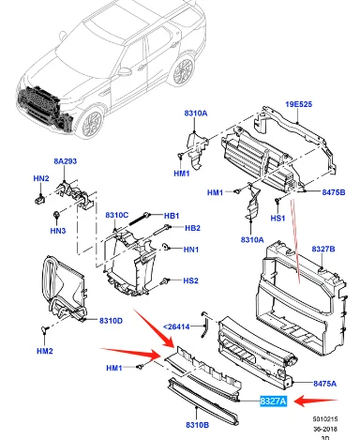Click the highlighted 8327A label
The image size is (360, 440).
(x=273, y=401)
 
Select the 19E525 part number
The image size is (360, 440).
(x=298, y=104)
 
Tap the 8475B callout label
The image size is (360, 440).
(x=334, y=192)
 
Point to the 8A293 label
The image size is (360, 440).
(x=65, y=161)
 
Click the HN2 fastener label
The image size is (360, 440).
(x=41, y=178)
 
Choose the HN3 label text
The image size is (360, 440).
(x=58, y=231)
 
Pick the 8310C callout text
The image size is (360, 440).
(x=116, y=215)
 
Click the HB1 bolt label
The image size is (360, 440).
(x=172, y=216)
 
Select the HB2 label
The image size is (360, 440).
(x=192, y=228)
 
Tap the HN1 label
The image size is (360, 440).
(x=191, y=250)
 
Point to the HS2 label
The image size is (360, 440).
(x=190, y=281)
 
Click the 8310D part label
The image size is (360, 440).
(x=111, y=321)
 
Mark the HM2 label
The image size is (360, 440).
(x=45, y=351)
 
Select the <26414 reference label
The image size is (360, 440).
(x=176, y=326)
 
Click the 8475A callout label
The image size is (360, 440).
(x=325, y=384)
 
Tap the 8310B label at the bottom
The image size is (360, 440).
(x=198, y=425)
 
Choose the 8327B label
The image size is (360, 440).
(x=323, y=249)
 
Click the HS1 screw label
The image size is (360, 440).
(x=277, y=218)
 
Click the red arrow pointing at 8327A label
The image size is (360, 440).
(x=316, y=401)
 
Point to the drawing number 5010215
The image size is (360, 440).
(x=325, y=418)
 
